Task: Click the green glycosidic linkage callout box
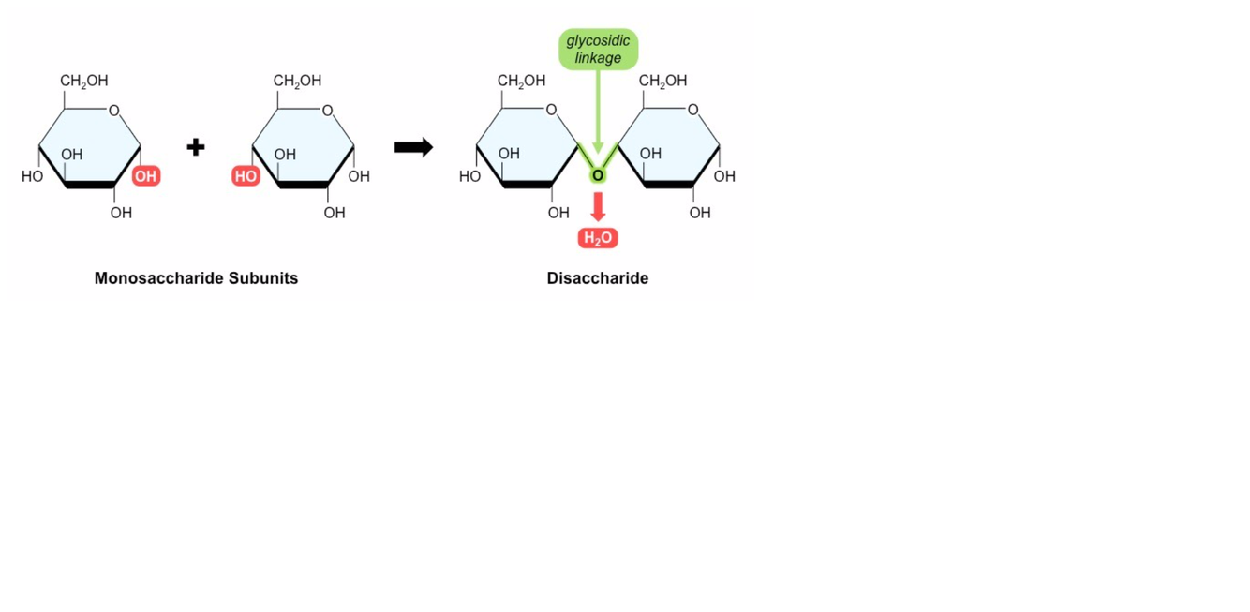click(598, 49)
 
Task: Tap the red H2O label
click(598, 238)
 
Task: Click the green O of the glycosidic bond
click(598, 175)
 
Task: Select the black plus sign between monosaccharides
click(196, 147)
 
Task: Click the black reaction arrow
click(413, 147)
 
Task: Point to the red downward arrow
click(598, 206)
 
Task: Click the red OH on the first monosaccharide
click(146, 176)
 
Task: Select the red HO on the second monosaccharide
click(246, 176)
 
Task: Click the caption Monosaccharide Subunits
click(196, 278)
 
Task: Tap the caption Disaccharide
click(598, 278)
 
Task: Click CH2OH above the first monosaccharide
click(84, 82)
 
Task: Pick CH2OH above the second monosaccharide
click(297, 82)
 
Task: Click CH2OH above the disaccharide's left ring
click(521, 82)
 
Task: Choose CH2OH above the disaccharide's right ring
click(662, 82)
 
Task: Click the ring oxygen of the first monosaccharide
click(114, 111)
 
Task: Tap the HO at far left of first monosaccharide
click(32, 176)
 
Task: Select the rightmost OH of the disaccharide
click(724, 176)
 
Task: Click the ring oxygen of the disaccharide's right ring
click(692, 111)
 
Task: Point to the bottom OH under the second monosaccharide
click(335, 214)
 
